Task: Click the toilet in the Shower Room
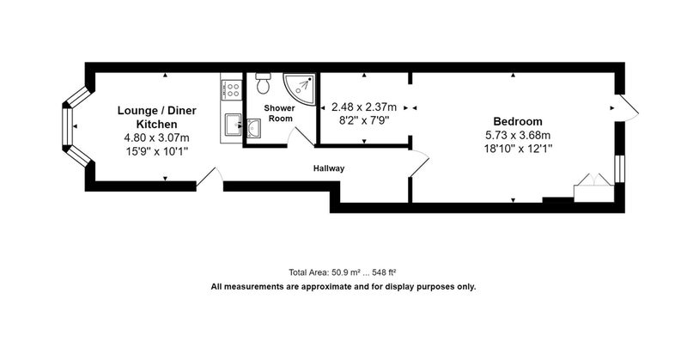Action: [x=263, y=83]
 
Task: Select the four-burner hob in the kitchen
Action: [x=232, y=90]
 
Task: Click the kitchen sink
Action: [x=233, y=125]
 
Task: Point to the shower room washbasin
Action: [x=253, y=128]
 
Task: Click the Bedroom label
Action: [x=518, y=121]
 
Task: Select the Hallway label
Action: [x=329, y=168]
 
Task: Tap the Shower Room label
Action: [x=280, y=113]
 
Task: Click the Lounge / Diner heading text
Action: [x=156, y=111]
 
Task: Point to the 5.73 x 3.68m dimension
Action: [x=518, y=135]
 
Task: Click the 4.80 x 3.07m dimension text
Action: [x=156, y=137]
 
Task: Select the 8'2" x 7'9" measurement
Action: [x=364, y=120]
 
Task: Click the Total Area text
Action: [x=342, y=272]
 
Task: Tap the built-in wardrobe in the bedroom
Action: [x=593, y=188]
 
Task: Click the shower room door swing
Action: [x=301, y=137]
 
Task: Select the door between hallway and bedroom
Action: [x=419, y=163]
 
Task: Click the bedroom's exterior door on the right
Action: [x=628, y=108]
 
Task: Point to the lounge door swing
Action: [x=210, y=179]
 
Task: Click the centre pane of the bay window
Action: [x=68, y=126]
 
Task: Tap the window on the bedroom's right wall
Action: [x=619, y=168]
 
